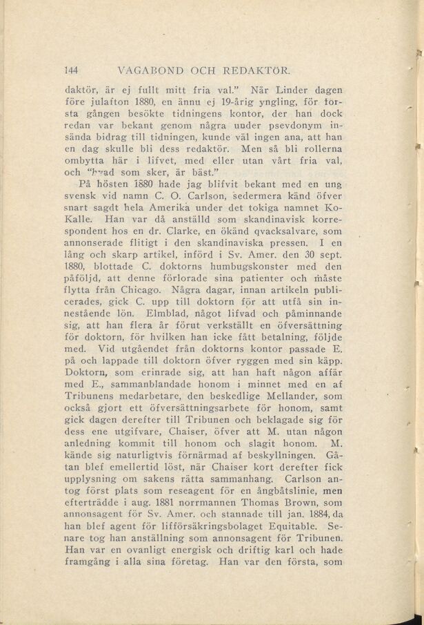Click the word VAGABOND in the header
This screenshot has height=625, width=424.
pos(150,70)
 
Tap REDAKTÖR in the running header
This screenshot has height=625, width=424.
pos(256,70)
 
